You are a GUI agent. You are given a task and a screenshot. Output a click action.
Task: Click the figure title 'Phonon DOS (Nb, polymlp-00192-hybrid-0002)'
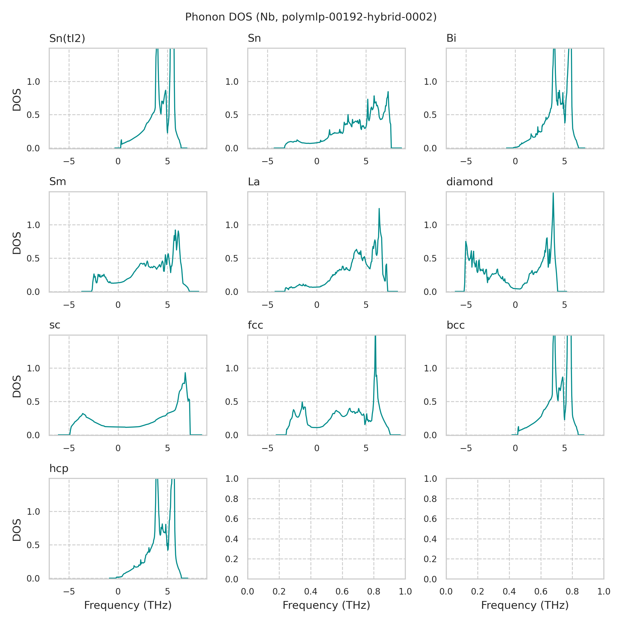pyautogui.click(x=311, y=17)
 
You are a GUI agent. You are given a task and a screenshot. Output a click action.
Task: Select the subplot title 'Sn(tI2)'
pyautogui.click(x=67, y=38)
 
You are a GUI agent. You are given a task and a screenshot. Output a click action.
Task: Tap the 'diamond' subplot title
pyautogui.click(x=469, y=182)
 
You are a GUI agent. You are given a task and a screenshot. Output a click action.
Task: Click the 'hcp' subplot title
pyautogui.click(x=59, y=468)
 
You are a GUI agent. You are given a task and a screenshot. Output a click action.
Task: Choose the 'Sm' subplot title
pyautogui.click(x=58, y=182)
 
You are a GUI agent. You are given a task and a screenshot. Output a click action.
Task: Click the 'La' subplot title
pyautogui.click(x=254, y=182)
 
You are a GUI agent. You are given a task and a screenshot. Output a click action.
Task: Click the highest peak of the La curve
pyautogui.click(x=379, y=209)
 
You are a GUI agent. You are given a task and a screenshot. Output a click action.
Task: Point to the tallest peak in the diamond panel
pyautogui.click(x=553, y=193)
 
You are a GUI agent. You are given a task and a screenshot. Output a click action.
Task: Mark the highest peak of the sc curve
pyautogui.click(x=185, y=373)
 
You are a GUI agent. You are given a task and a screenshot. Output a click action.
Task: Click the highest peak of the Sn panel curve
pyautogui.click(x=388, y=92)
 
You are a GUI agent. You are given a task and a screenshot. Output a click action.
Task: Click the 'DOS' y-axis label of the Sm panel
pyautogui.click(x=17, y=243)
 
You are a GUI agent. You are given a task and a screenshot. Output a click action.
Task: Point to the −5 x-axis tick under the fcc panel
pyautogui.click(x=267, y=448)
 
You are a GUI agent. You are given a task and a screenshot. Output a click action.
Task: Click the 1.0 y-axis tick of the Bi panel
pyautogui.click(x=430, y=82)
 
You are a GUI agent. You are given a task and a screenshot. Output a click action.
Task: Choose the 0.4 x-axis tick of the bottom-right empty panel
pyautogui.click(x=509, y=591)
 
